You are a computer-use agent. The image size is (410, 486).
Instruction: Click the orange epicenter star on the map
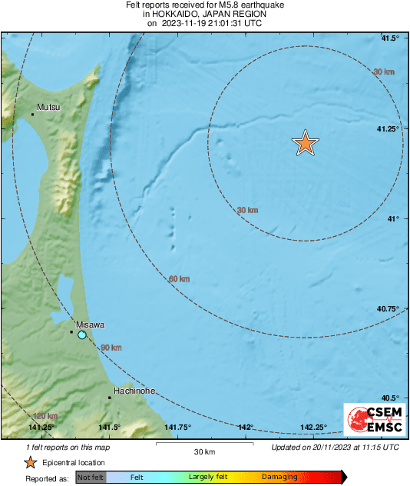click(x=306, y=143)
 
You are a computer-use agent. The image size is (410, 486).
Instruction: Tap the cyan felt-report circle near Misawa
click(x=82, y=335)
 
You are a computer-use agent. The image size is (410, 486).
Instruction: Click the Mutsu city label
click(x=48, y=107)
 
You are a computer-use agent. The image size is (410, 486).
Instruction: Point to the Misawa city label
click(x=90, y=325)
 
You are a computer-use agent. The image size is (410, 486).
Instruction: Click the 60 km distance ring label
click(x=179, y=278)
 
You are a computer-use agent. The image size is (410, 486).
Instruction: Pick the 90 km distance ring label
click(x=111, y=348)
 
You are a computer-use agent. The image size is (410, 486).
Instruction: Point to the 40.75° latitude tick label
click(x=389, y=308)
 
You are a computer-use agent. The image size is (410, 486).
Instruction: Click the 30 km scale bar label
click(x=203, y=451)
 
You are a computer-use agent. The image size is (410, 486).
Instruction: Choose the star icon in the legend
click(x=30, y=462)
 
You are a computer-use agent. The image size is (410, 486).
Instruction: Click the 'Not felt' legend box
click(x=91, y=478)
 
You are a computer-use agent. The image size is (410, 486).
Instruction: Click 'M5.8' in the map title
click(x=220, y=5)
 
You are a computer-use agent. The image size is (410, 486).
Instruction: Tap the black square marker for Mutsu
click(x=33, y=115)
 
